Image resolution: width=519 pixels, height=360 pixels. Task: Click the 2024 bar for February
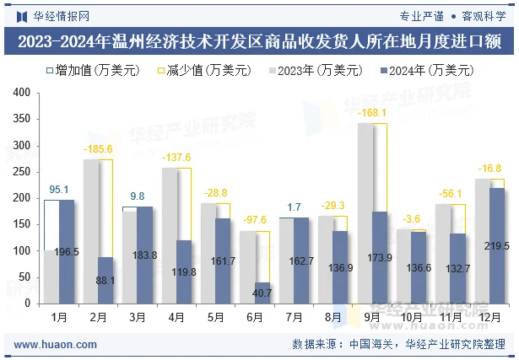pyautogui.click(x=106, y=280)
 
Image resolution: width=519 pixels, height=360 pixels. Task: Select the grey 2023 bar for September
pyautogui.click(x=365, y=213)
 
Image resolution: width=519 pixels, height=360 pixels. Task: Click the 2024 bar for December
pyautogui.click(x=498, y=245)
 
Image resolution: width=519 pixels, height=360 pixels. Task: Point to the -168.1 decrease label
pyautogui.click(x=372, y=113)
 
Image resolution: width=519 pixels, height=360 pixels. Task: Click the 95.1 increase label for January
pyautogui.click(x=59, y=190)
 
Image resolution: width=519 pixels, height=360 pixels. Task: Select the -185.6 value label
pyautogui.click(x=99, y=149)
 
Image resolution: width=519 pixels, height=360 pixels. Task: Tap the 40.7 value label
pyautogui.click(x=262, y=293)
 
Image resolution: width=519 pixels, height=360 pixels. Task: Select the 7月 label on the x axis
pyautogui.click(x=294, y=317)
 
